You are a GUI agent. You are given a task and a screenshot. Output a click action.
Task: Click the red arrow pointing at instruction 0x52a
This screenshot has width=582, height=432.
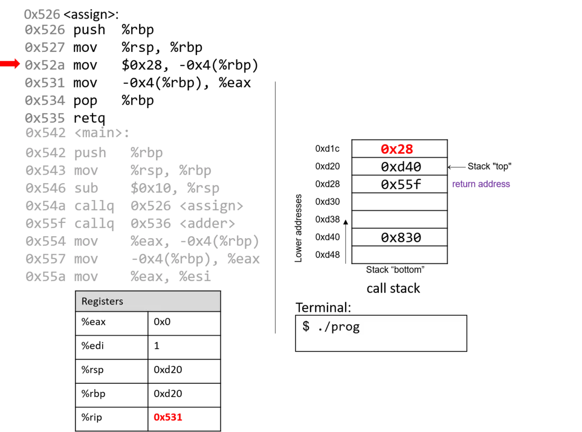(10, 64)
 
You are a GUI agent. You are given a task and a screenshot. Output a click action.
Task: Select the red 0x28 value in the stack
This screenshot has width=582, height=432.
(396, 149)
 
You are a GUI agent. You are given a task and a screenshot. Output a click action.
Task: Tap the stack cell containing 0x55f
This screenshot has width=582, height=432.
(399, 184)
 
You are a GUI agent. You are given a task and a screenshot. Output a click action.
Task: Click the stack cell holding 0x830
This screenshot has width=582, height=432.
(399, 237)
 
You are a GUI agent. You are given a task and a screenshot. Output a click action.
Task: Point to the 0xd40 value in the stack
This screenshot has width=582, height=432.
(401, 167)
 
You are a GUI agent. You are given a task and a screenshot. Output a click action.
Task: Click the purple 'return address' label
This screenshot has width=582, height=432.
(480, 184)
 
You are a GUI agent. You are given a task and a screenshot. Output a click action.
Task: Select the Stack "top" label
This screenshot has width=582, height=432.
(489, 166)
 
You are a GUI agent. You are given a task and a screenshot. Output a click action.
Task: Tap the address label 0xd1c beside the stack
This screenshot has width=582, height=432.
(327, 149)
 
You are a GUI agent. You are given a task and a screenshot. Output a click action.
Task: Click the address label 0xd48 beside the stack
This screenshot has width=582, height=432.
(327, 255)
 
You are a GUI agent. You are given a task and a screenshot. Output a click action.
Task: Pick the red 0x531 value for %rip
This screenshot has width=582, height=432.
(168, 417)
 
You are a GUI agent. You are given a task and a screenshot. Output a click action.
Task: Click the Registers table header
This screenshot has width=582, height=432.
(148, 301)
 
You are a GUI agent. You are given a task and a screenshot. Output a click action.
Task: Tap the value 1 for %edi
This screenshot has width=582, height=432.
(157, 346)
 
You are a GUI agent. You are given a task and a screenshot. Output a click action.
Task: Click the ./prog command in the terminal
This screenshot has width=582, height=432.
(339, 327)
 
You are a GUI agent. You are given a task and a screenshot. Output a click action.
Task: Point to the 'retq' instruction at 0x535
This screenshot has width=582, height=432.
(89, 118)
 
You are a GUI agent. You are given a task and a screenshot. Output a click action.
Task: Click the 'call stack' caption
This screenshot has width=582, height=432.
(393, 288)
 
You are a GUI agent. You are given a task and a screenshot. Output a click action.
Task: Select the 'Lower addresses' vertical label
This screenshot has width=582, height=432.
(298, 228)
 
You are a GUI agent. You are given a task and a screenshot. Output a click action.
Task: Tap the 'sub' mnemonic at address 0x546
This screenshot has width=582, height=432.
(86, 188)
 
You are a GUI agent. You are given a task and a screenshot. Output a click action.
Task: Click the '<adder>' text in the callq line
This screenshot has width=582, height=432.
(207, 223)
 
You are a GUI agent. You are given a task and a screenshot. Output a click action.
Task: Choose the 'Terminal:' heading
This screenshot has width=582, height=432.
(323, 308)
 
